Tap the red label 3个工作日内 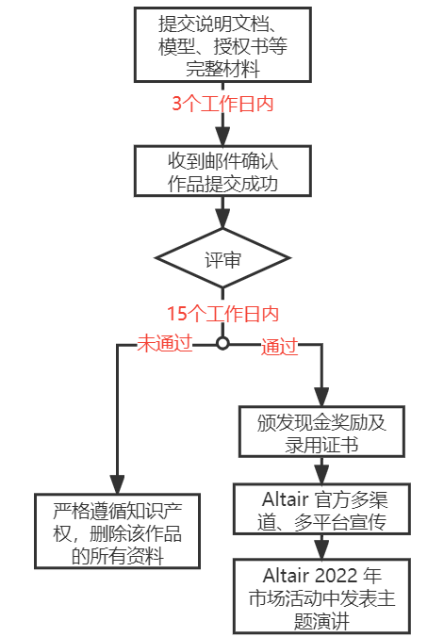[222, 104]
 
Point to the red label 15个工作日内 [222, 314]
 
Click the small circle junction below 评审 [222, 343]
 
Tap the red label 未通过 [165, 343]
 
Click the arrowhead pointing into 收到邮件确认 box [222, 137]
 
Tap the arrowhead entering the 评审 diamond [222, 219]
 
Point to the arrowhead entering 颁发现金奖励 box [321, 397]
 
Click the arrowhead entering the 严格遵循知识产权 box [118, 484]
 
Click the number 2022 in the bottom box [336, 576]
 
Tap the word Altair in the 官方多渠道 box [286, 499]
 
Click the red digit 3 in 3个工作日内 [176, 104]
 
